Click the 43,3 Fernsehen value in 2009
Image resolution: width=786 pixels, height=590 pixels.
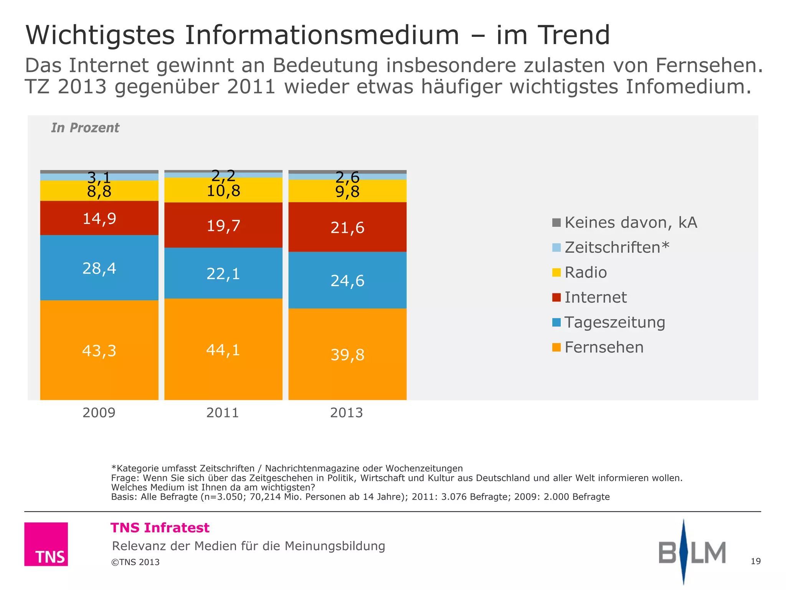click(99, 351)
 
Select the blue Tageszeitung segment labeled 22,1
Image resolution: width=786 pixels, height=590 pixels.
click(223, 273)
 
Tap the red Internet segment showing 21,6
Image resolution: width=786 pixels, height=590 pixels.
click(347, 227)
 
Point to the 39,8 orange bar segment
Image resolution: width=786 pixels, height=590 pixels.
click(347, 354)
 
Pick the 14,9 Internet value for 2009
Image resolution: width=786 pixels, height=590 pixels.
click(99, 219)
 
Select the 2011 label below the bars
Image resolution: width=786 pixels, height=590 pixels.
click(223, 413)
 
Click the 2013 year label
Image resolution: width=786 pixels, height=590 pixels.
click(347, 413)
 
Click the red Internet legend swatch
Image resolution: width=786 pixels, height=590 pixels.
click(556, 297)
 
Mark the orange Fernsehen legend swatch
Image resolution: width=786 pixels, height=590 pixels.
click(556, 347)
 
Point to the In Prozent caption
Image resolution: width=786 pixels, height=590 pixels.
click(85, 128)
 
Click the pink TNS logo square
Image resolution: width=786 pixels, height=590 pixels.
click(46, 544)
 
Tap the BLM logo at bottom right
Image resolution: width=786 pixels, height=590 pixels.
click(692, 552)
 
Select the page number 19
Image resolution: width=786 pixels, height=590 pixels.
click(755, 561)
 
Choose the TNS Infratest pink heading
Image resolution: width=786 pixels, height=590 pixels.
click(160, 528)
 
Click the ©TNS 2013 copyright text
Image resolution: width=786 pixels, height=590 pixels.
click(135, 562)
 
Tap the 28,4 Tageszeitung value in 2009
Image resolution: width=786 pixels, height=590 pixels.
click(99, 268)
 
